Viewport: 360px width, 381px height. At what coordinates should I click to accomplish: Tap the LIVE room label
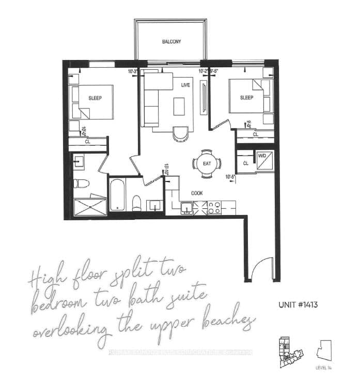(x=186, y=84)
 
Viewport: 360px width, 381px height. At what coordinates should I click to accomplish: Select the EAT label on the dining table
(x=207, y=164)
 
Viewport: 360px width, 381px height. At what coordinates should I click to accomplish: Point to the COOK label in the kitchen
(x=197, y=193)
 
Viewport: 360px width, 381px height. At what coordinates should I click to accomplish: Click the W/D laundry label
(x=262, y=155)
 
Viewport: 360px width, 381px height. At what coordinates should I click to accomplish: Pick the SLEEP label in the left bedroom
(x=96, y=98)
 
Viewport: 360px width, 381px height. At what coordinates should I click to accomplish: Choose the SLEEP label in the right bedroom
(x=247, y=98)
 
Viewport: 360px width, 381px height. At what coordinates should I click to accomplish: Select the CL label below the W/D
(x=246, y=163)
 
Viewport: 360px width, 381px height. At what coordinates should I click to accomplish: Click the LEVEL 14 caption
(x=323, y=368)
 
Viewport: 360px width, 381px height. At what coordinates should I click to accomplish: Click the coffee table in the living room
(x=179, y=106)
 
